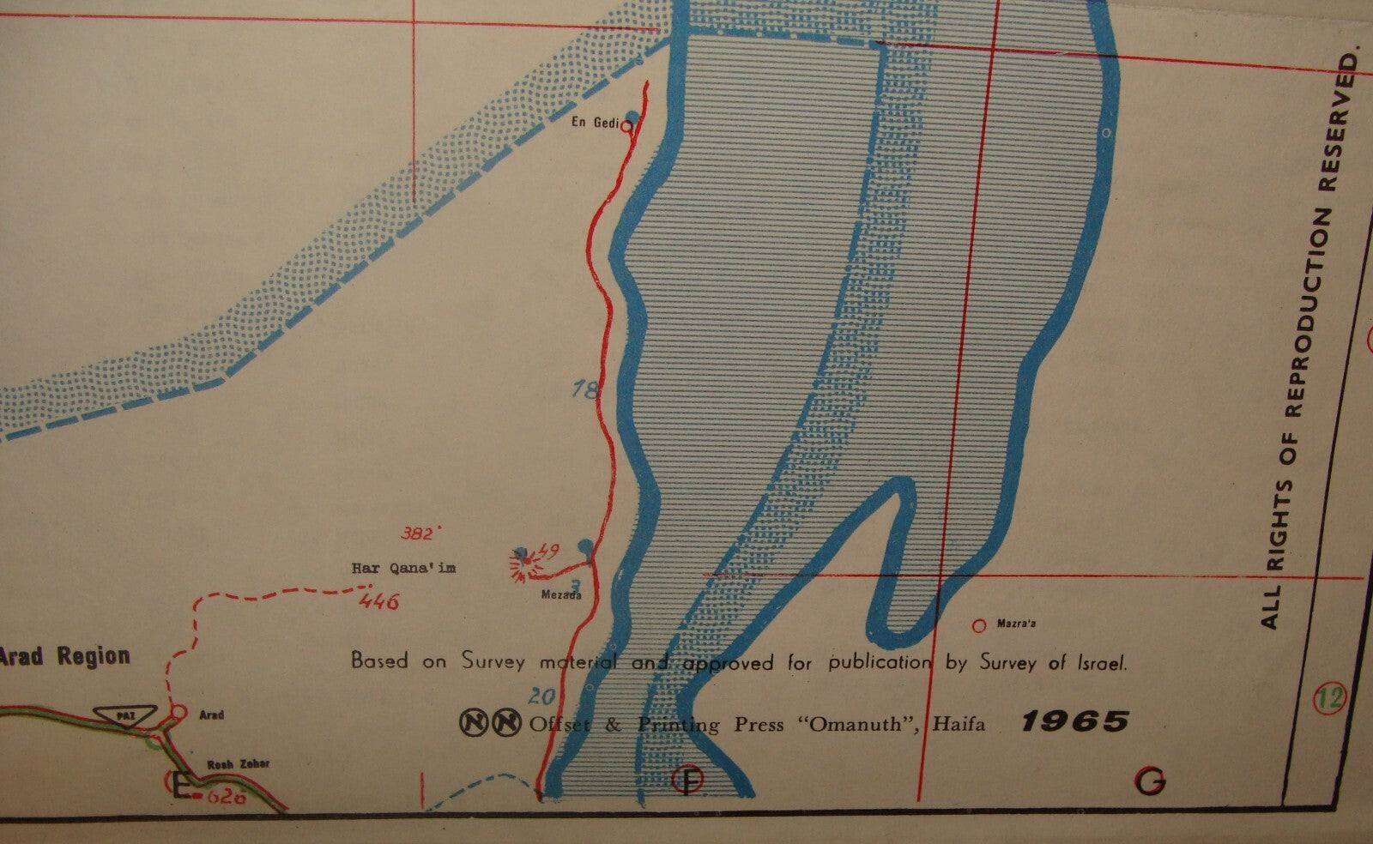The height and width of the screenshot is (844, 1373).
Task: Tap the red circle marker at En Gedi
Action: pyautogui.click(x=626, y=126)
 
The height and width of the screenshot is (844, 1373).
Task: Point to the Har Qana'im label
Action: pyautogui.click(x=403, y=568)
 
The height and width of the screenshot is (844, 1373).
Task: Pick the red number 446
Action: pyautogui.click(x=380, y=602)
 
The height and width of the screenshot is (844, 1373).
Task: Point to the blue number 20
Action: pyautogui.click(x=542, y=696)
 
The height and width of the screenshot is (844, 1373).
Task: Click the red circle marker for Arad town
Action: pyautogui.click(x=178, y=711)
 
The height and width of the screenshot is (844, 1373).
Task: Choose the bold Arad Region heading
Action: pyautogui.click(x=65, y=657)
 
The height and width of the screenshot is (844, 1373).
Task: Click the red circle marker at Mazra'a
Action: pyautogui.click(x=978, y=625)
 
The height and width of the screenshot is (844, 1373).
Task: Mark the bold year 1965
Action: pyautogui.click(x=1074, y=721)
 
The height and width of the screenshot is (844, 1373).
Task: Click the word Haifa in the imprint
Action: pyautogui.click(x=960, y=725)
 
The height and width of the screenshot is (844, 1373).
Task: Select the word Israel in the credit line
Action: pyautogui.click(x=1100, y=662)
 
